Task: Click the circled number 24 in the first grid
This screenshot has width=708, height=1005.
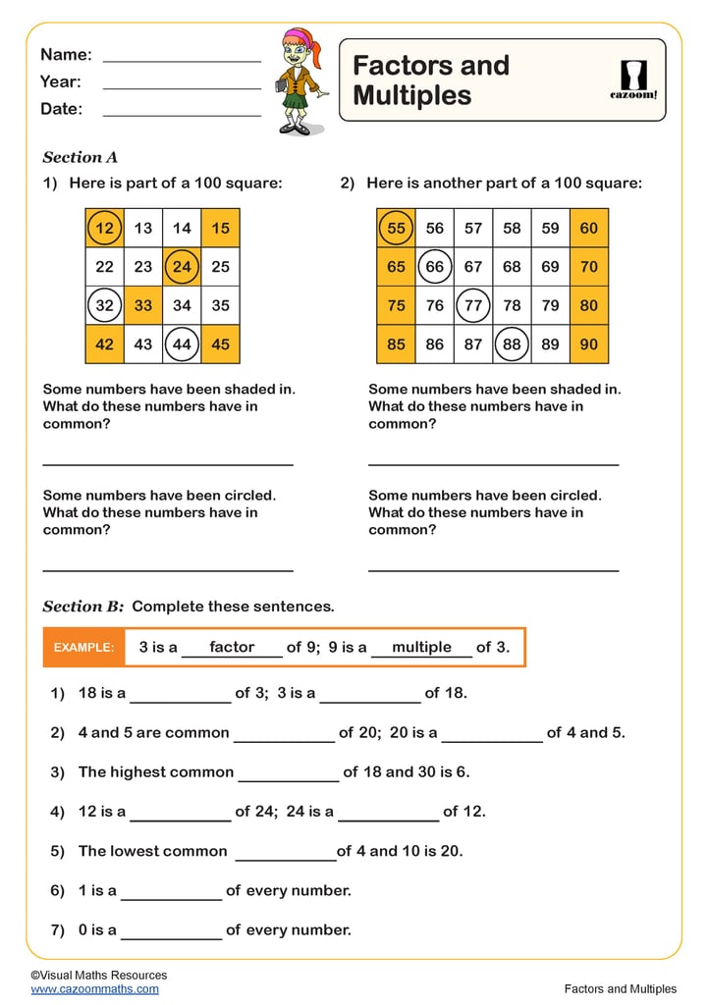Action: click(x=182, y=266)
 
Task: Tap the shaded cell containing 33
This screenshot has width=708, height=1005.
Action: click(x=143, y=305)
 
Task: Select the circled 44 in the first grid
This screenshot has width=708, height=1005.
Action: click(x=182, y=344)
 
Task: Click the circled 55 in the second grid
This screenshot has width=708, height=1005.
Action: click(x=396, y=228)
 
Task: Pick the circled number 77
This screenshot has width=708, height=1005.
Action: click(x=473, y=305)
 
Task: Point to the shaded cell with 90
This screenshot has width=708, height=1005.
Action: click(x=589, y=344)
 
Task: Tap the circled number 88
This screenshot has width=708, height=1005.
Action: click(x=512, y=344)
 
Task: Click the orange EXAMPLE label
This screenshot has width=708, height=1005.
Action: click(x=83, y=648)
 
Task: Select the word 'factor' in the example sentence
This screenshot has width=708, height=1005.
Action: click(x=232, y=648)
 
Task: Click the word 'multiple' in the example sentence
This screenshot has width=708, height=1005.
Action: click(x=421, y=648)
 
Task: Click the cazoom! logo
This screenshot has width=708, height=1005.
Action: click(x=633, y=79)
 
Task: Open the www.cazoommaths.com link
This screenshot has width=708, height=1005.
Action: click(x=94, y=989)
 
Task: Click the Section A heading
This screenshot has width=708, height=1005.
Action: click(x=81, y=157)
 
